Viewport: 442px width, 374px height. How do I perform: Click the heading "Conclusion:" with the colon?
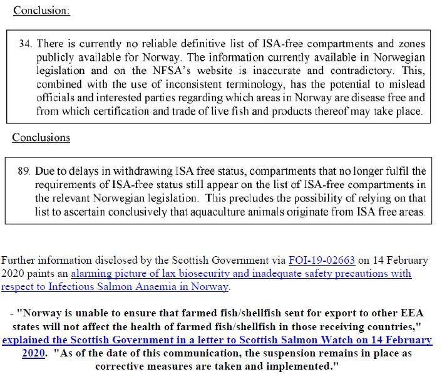(x=41, y=11)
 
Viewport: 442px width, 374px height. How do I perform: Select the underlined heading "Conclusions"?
(x=41, y=137)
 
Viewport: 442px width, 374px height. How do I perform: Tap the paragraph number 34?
(x=27, y=44)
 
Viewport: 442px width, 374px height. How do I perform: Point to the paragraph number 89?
(x=27, y=170)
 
